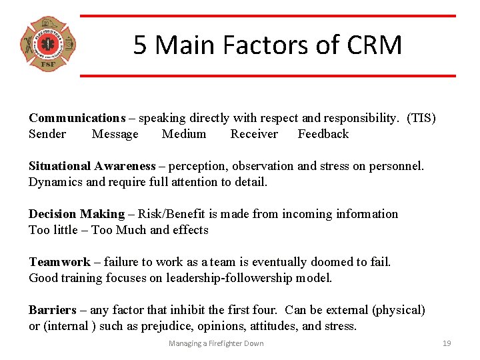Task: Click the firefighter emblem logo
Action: click(48, 45)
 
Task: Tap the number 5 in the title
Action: click(139, 45)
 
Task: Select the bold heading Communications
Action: click(77, 118)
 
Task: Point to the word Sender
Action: click(47, 134)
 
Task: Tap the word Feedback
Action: click(323, 134)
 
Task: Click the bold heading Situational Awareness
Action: click(92, 166)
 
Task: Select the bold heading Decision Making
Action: click(77, 214)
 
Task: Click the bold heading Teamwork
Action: click(59, 262)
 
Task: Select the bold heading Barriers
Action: click(53, 310)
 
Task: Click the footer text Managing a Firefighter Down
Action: click(216, 343)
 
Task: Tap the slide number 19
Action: click(447, 343)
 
